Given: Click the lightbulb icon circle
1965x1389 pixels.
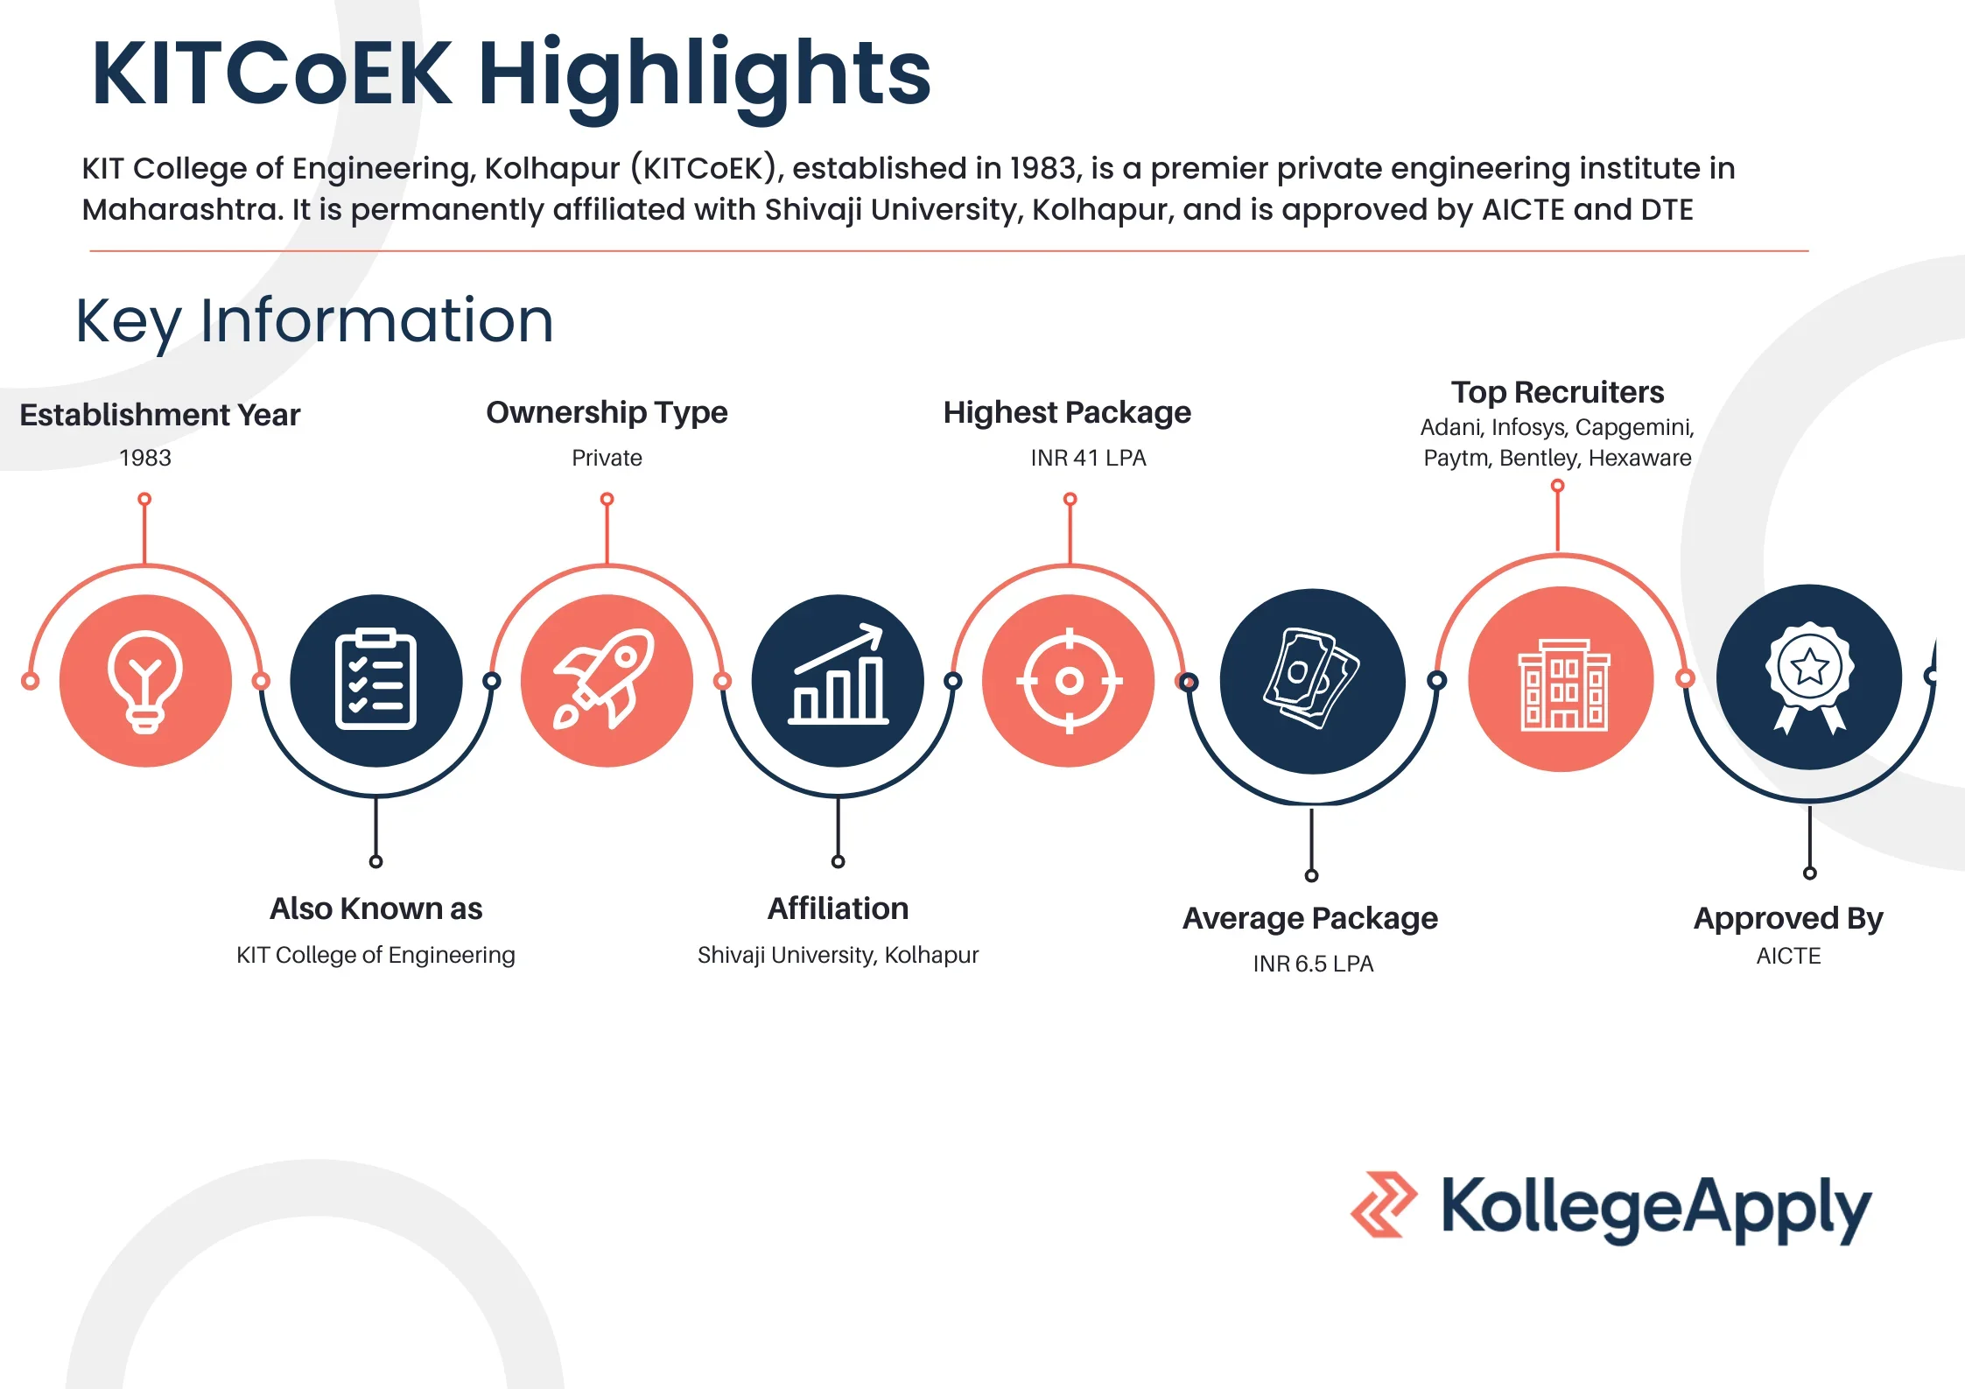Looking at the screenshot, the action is click(145, 681).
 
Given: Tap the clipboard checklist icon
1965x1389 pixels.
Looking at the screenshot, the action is click(375, 679).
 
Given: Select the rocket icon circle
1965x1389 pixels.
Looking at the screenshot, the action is click(607, 681).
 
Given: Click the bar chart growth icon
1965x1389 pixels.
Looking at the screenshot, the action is click(839, 674).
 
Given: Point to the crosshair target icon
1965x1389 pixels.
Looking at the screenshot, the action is click(1069, 680).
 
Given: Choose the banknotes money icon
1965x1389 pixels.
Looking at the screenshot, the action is click(1311, 679).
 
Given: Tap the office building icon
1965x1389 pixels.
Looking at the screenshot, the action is click(1561, 685).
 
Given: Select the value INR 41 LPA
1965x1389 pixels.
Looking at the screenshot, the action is click(1088, 458).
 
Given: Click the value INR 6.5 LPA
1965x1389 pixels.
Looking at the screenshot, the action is click(1313, 964).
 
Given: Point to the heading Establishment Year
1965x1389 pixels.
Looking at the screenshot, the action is click(160, 415).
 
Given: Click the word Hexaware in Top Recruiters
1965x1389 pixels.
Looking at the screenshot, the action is click(1639, 458).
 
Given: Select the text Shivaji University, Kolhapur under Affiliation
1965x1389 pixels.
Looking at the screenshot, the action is click(838, 955).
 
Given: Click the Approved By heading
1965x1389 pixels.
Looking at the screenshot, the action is click(1788, 919).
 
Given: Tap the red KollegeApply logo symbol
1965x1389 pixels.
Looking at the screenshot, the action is click(1384, 1204).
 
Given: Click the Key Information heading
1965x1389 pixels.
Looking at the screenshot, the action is click(315, 321).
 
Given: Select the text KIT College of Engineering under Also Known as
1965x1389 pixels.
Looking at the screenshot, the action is click(375, 955).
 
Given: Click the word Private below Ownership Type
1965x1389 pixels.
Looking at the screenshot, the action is click(607, 458).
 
